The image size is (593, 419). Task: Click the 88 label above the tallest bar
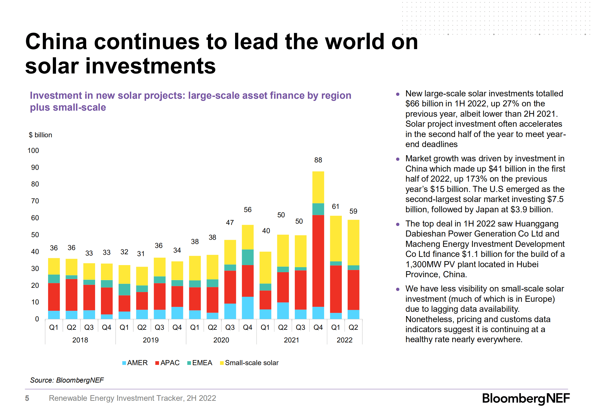[318, 160]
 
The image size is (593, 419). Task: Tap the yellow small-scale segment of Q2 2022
[353, 242]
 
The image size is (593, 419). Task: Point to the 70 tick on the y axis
[35, 201]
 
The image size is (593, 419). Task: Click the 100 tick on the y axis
[33, 150]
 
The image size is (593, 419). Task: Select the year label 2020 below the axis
[221, 340]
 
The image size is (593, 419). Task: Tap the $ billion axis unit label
[40, 135]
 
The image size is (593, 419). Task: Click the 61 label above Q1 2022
[335, 206]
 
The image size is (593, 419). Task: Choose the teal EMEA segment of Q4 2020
[248, 257]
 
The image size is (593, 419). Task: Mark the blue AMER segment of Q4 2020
[248, 308]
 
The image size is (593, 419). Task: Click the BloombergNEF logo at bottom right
[526, 398]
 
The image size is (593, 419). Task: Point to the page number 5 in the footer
[27, 398]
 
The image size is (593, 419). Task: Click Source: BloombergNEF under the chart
[67, 380]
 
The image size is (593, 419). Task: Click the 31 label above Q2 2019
[141, 254]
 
